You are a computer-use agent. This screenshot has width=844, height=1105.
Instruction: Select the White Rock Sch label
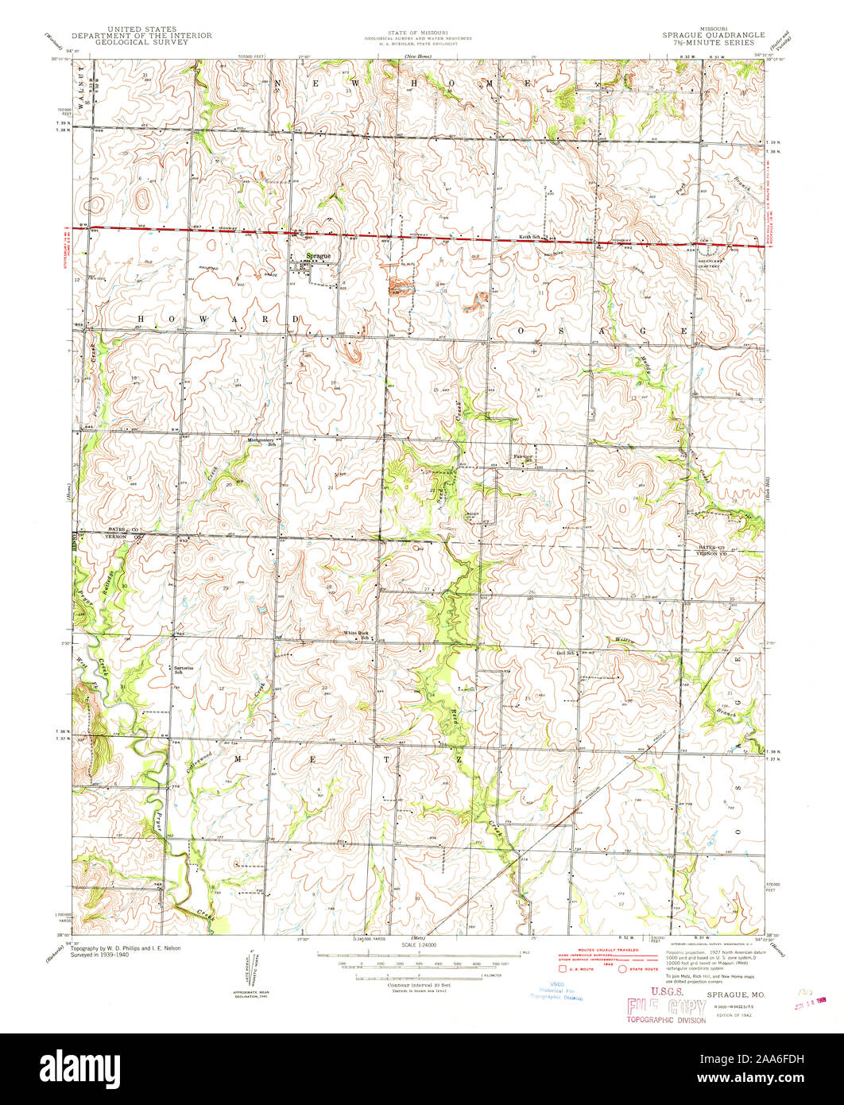coord(356,635)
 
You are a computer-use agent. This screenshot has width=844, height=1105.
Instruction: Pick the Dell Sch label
coord(566,653)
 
